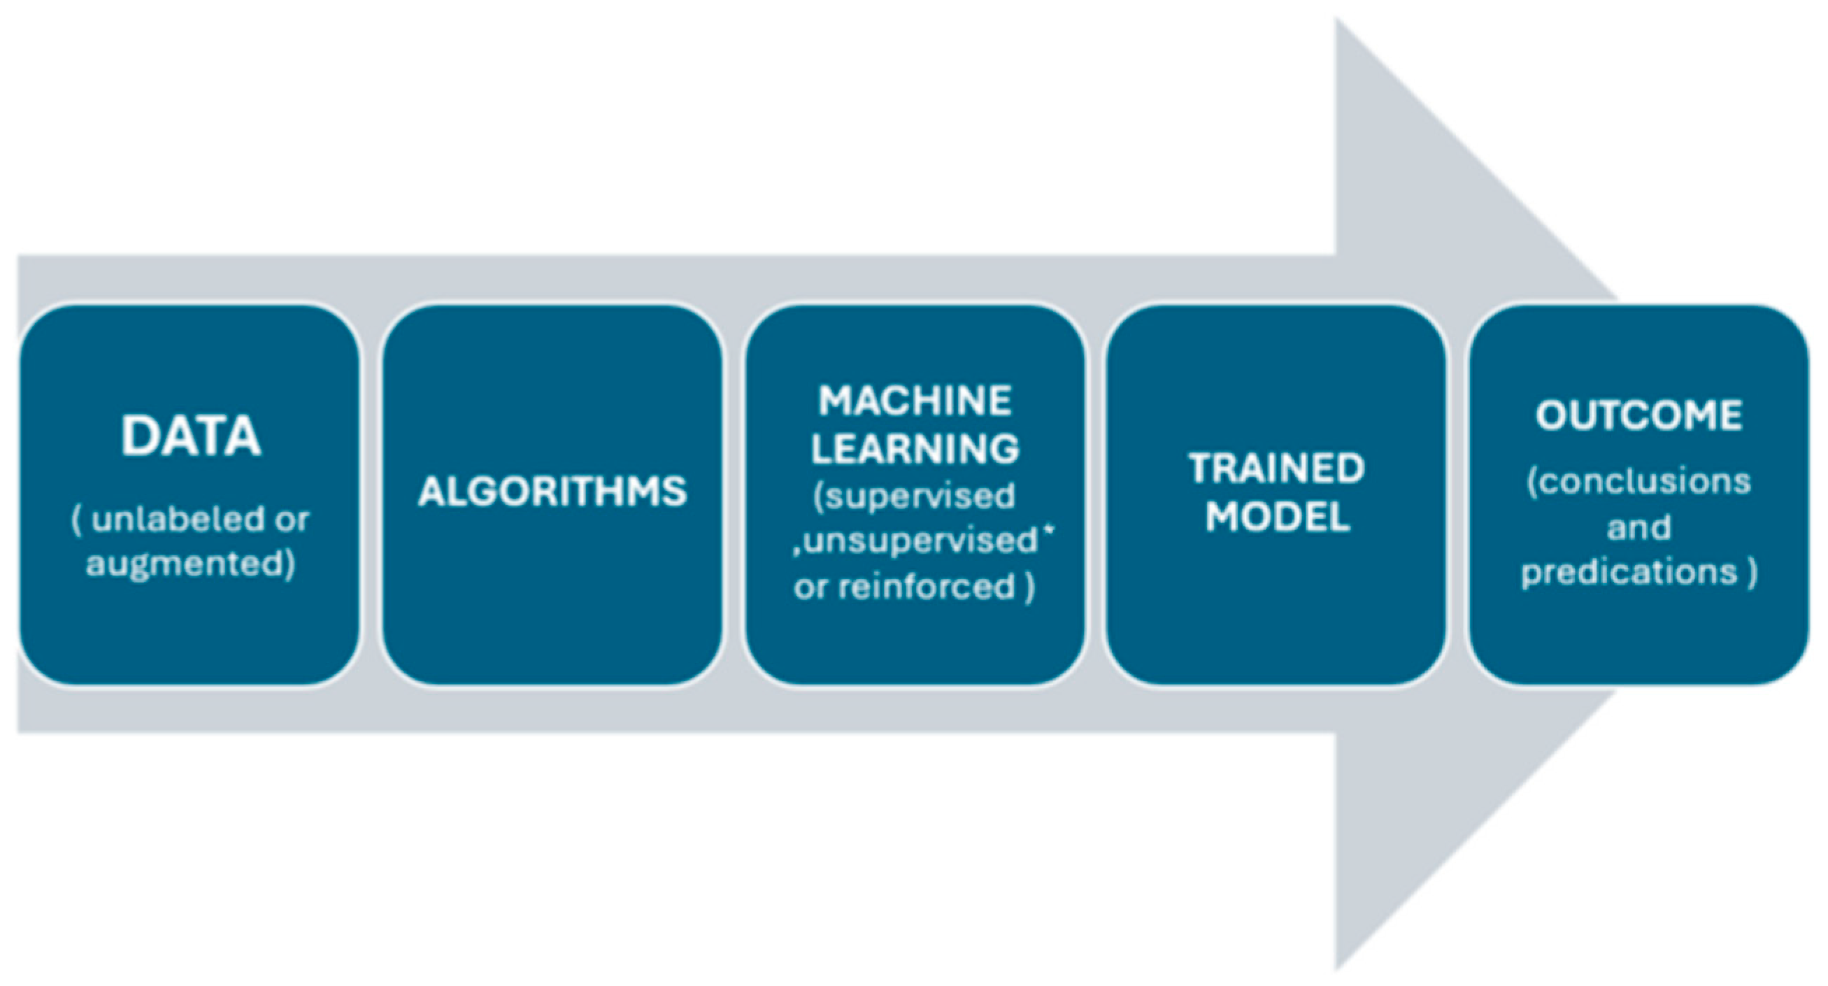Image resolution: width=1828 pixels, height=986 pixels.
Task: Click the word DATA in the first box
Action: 190,436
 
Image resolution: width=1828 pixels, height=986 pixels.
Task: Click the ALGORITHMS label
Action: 552,491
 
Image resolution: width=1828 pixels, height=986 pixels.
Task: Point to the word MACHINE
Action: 915,401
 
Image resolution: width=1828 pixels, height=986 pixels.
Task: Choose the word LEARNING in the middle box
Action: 915,448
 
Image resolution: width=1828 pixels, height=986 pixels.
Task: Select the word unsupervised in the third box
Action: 920,541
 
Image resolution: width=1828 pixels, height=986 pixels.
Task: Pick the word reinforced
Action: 927,587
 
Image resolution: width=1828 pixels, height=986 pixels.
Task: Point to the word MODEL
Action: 1277,515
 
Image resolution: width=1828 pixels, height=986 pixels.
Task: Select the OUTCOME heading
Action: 1638,415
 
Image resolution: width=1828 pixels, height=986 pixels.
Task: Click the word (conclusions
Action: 1638,483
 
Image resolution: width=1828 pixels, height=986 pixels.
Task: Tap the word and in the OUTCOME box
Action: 1638,528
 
